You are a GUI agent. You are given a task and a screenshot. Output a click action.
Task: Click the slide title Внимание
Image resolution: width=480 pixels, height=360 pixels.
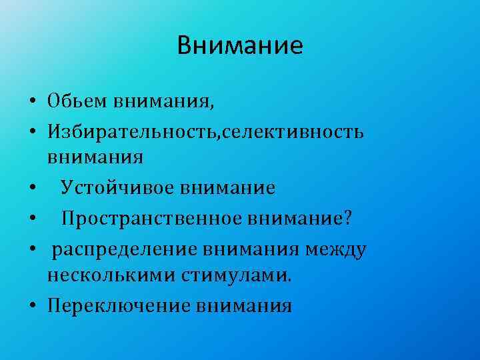240,45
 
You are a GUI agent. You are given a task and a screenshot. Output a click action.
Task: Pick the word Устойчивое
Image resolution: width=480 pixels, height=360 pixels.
118,188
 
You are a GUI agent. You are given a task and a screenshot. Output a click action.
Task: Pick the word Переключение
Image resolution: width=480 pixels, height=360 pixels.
118,306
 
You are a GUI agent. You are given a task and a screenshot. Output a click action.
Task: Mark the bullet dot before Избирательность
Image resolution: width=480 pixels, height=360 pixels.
33,131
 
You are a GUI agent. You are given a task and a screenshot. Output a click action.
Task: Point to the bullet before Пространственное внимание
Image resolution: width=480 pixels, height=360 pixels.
33,219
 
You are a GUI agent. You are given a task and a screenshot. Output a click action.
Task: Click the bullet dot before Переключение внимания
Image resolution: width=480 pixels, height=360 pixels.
33,307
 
